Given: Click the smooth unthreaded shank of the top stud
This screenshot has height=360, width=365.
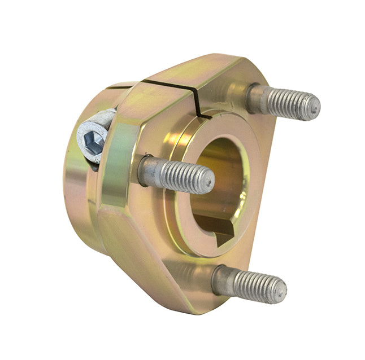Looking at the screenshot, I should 257,98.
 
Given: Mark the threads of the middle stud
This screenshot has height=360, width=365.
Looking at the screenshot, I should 184,176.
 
